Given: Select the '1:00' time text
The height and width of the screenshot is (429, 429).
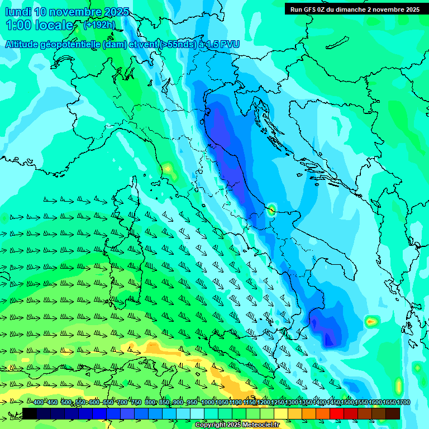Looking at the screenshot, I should [18, 26].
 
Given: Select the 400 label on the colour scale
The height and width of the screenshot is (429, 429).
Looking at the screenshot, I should [39, 403].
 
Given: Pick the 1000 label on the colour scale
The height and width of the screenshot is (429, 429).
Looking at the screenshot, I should [208, 403].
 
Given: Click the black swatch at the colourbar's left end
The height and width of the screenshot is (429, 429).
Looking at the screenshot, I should [30, 414].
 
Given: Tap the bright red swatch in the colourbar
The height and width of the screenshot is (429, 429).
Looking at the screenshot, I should [337, 414].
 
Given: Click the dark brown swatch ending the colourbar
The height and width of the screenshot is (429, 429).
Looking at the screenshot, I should [393, 414].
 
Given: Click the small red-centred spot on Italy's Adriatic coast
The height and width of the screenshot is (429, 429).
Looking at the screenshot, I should [271, 210].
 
